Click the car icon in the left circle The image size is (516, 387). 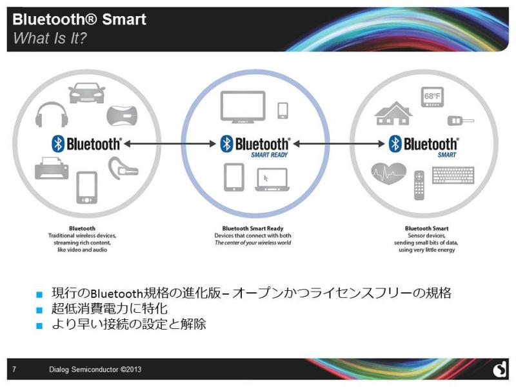86,92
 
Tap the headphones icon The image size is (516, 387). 52,115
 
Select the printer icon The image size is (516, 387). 52,168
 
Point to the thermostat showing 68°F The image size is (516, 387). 432,97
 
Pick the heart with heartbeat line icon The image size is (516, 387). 389,174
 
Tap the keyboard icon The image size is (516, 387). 453,175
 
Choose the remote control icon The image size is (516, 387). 419,185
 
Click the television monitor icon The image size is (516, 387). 243,107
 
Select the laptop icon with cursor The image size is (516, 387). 272,180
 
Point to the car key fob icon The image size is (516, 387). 461,121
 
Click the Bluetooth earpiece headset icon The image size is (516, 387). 123,168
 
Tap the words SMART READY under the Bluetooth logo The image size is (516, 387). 269,155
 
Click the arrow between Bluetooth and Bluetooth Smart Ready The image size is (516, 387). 170,144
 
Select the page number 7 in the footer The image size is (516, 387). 14,369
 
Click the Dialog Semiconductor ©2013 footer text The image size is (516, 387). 95,369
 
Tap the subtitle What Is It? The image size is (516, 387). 50,38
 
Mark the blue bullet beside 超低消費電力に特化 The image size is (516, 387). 39,310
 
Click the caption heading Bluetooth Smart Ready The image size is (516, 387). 253,228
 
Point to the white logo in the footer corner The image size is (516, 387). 499,369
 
